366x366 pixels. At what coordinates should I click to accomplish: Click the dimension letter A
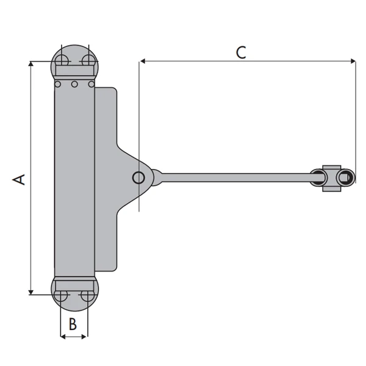[20, 179]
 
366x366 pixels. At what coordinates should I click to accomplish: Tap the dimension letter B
[73, 324]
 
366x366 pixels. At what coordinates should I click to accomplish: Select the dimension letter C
[242, 52]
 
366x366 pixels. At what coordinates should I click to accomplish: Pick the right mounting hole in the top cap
[88, 60]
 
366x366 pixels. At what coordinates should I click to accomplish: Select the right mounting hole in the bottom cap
[88, 296]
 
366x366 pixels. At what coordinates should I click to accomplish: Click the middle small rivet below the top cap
[74, 84]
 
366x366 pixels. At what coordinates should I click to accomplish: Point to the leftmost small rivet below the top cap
[58, 84]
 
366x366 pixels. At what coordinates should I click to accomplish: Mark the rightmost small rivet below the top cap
[91, 84]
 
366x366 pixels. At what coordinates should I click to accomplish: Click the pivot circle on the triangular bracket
[138, 178]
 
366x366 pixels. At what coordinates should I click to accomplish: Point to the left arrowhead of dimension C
[143, 61]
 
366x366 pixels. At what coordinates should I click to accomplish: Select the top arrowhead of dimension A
[30, 65]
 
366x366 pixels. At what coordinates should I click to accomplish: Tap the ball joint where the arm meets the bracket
[156, 178]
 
